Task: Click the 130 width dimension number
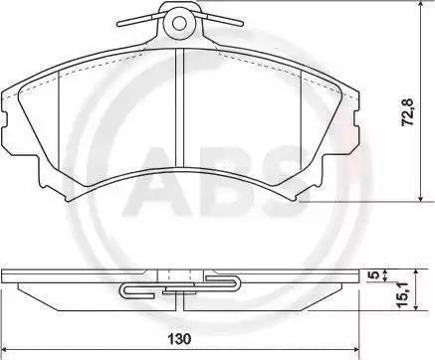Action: (179, 339)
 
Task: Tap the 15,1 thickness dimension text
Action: (404, 295)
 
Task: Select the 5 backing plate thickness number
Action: (375, 275)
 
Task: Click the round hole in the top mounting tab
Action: (179, 23)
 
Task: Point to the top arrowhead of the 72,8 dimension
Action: (421, 5)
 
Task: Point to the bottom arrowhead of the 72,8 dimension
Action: (421, 197)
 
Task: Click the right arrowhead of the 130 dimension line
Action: (354, 349)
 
